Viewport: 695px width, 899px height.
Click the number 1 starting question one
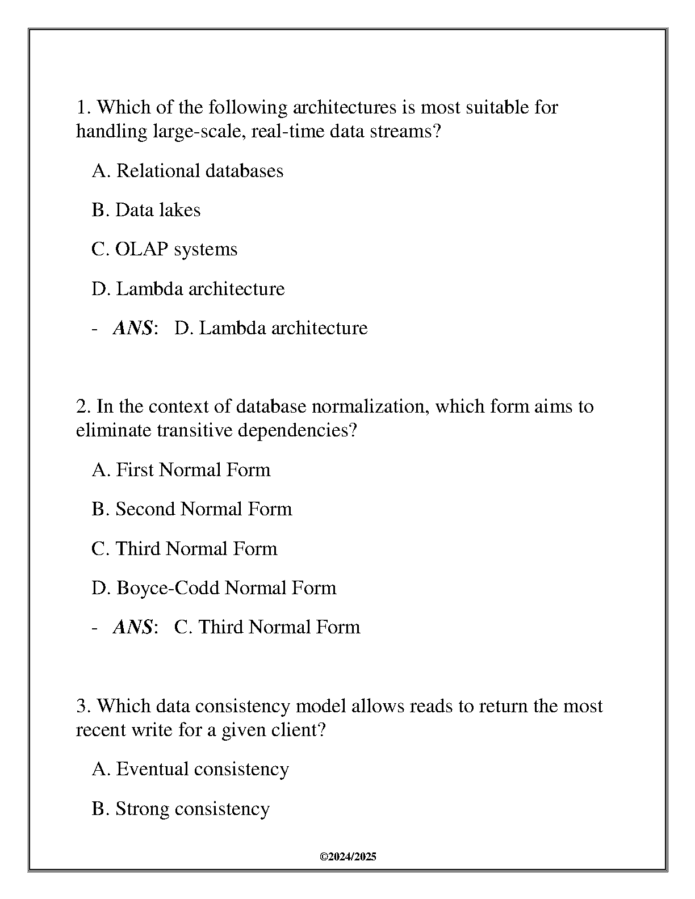tap(81, 107)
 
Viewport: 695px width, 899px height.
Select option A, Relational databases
tap(187, 171)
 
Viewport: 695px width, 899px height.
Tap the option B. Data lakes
tap(146, 210)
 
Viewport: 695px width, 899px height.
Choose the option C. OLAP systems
tap(164, 249)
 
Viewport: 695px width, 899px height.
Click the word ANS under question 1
tap(133, 328)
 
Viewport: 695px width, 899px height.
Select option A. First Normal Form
tap(181, 470)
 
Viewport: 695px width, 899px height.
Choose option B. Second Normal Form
tap(192, 509)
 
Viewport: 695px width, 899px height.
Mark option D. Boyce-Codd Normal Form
tap(214, 587)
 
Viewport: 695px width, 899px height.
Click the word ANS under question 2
tap(133, 627)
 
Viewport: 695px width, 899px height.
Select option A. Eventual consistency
tap(190, 769)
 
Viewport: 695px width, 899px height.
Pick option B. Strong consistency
tap(181, 809)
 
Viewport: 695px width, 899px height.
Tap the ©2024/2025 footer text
tap(348, 857)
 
